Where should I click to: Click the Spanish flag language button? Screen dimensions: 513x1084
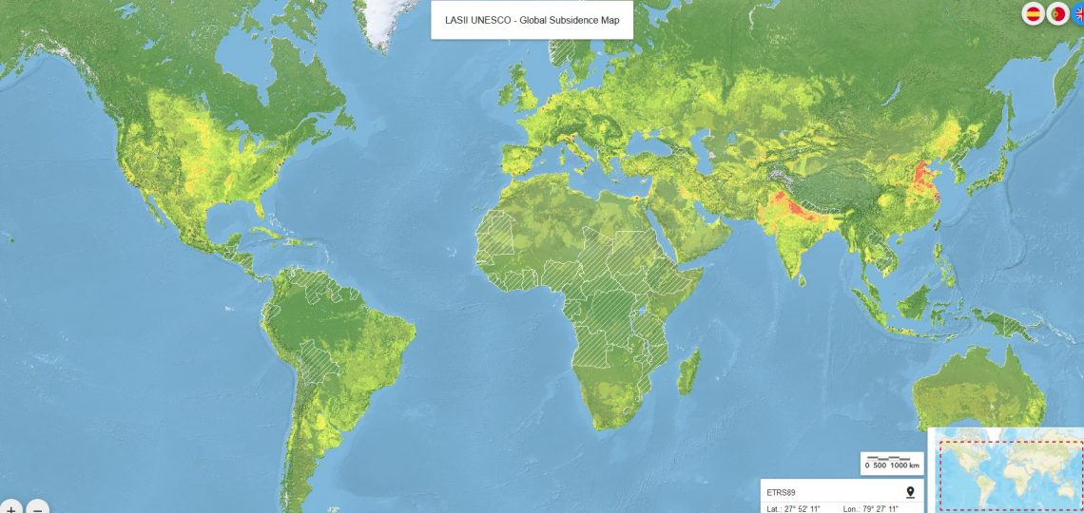[1033, 14]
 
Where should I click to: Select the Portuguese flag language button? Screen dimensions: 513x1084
[1057, 14]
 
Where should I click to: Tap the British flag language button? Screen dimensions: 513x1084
[1078, 14]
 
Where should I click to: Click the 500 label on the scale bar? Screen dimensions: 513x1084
[880, 465]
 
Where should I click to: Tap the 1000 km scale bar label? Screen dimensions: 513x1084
[905, 465]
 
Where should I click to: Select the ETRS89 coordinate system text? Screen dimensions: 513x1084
[781, 492]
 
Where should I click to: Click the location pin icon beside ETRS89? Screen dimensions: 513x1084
[910, 491]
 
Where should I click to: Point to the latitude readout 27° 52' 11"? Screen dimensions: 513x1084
[799, 508]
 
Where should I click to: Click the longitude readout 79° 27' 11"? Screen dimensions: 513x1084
[877, 508]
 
